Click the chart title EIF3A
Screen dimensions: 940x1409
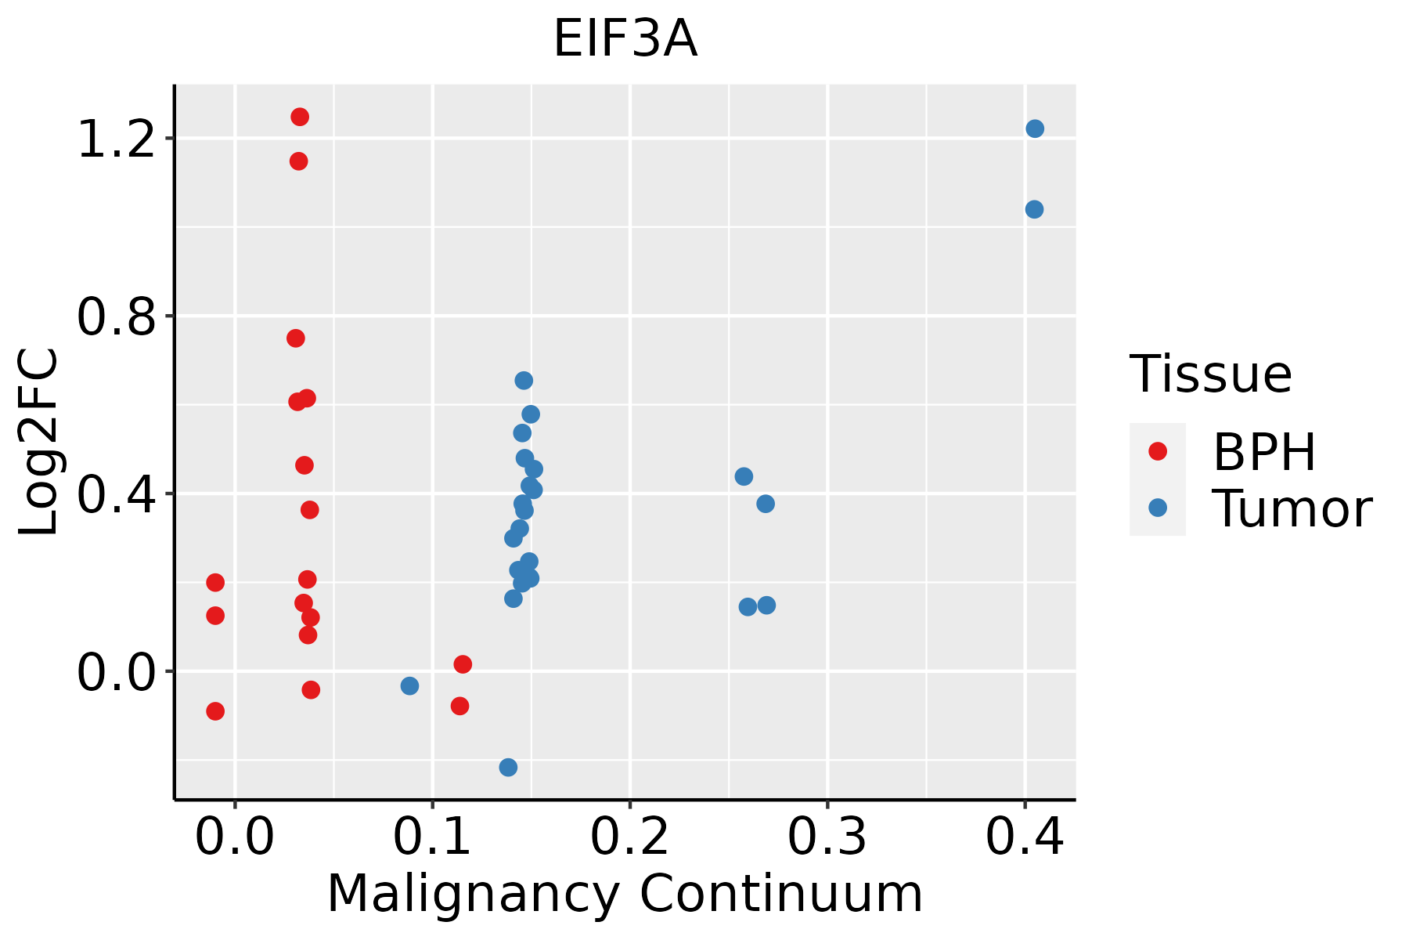(625, 39)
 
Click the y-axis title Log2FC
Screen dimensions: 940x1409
(39, 443)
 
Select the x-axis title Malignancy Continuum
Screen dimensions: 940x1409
(625, 894)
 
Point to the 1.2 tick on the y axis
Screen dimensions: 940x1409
(114, 139)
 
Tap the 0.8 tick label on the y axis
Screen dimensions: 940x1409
(114, 316)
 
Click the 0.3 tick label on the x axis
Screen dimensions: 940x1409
(827, 837)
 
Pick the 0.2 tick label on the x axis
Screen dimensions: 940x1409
(629, 837)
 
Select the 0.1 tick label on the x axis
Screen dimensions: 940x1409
(432, 837)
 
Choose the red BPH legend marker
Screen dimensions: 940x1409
(1157, 451)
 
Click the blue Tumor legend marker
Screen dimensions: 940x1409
(1157, 508)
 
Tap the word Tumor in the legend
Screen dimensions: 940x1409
(1292, 509)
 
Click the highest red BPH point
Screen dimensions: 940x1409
(300, 117)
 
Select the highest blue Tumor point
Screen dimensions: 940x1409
(1035, 128)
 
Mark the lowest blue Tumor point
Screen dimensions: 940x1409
(508, 767)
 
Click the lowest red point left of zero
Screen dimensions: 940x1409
(215, 711)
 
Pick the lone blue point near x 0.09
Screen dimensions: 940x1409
(409, 685)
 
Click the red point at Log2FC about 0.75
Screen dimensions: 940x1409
(296, 338)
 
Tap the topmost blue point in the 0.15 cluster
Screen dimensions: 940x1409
(524, 381)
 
